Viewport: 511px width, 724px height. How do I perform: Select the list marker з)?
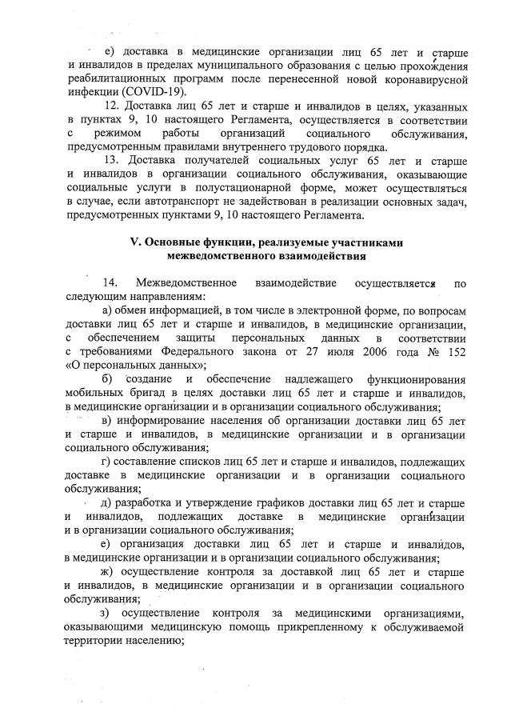[x=114, y=613]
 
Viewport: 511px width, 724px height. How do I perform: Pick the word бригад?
[x=138, y=393]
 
